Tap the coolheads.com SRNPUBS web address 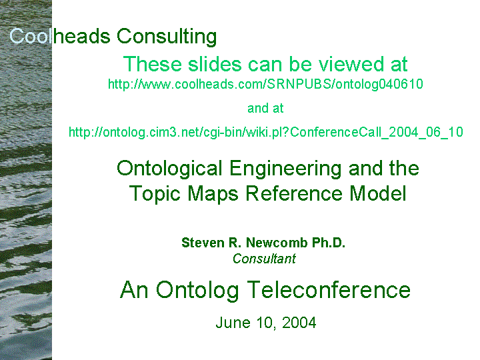point(265,84)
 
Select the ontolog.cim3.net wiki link point(266,132)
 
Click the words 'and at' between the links point(265,108)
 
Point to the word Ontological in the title point(169,169)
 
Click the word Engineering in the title point(285,169)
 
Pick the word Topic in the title point(155,194)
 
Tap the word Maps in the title point(213,194)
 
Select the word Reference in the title point(294,193)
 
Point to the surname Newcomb point(277,243)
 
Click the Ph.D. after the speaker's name point(329,243)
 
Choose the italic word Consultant point(264,259)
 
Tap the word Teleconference point(329,289)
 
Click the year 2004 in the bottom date point(299,323)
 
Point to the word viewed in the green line point(351,64)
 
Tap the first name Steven point(203,243)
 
